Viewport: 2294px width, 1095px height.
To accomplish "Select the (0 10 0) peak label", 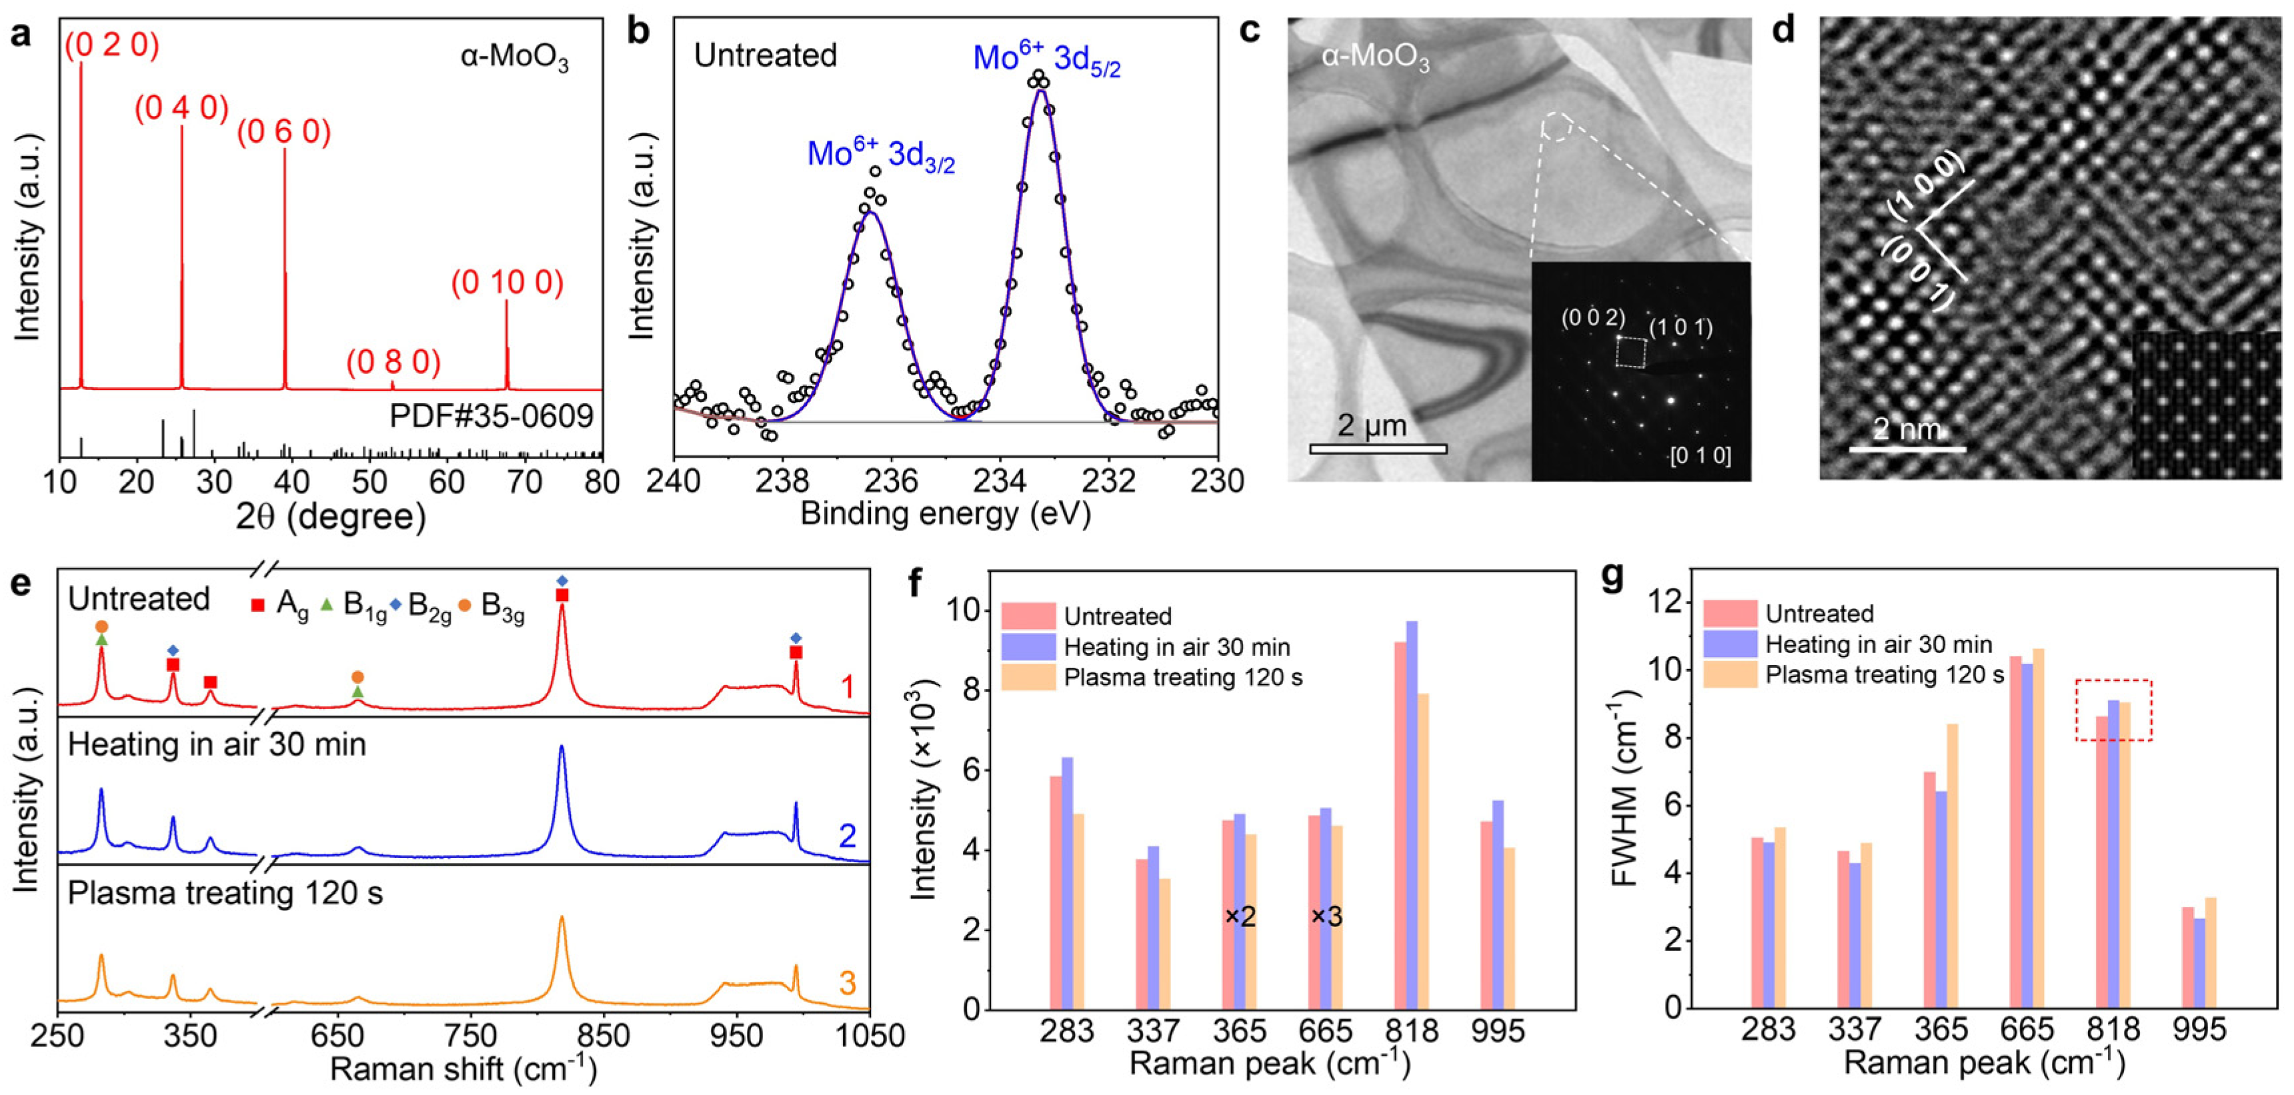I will [507, 283].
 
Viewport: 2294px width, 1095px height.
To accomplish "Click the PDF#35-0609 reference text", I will [491, 416].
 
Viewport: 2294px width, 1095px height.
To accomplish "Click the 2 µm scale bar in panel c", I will [1378, 449].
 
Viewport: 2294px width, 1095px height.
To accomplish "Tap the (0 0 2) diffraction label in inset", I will [1593, 319].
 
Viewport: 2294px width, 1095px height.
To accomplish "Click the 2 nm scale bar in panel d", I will [1907, 449].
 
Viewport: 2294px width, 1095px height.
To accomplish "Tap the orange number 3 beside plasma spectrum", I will [847, 984].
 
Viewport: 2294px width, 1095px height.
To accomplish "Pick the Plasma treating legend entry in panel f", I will [1182, 678].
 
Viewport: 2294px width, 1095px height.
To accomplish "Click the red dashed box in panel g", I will [2113, 710].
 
